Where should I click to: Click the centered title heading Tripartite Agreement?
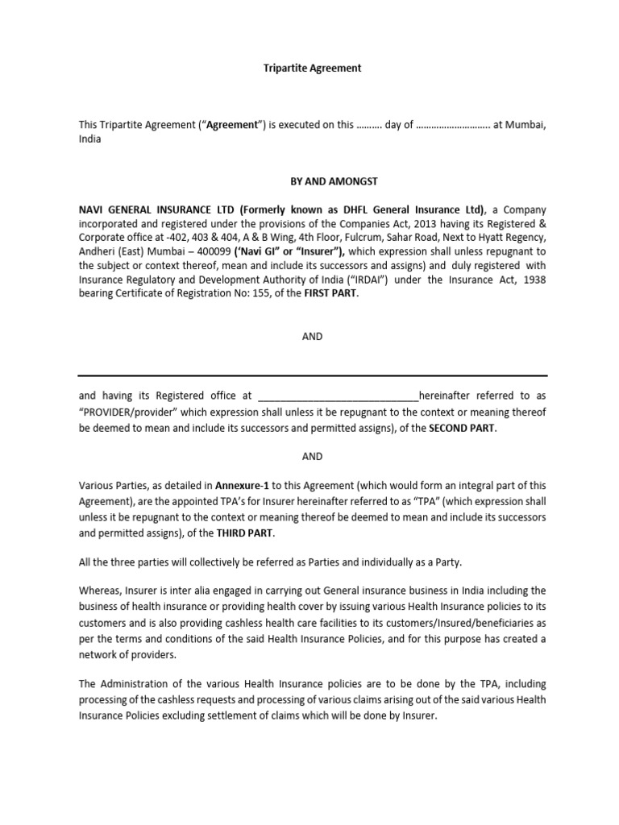pos(312,68)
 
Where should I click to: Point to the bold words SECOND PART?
pos(462,428)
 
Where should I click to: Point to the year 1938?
pos(533,279)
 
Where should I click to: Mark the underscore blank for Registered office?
pos(336,396)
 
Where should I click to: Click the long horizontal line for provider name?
pos(312,375)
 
